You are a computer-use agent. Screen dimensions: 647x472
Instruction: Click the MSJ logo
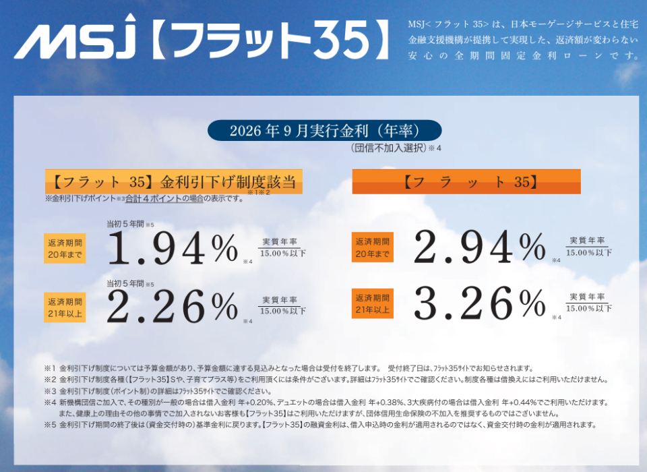(x=75, y=36)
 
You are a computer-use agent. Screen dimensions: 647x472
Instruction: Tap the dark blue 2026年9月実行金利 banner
(x=325, y=131)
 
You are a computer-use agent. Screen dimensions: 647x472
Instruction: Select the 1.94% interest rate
(x=173, y=248)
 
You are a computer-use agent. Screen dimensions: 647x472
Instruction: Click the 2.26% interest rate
(x=173, y=307)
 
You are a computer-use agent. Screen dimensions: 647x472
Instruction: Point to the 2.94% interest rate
(x=480, y=247)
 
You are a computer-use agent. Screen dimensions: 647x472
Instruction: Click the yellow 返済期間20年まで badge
(x=65, y=249)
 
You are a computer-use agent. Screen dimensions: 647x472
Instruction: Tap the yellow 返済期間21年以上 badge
(x=65, y=307)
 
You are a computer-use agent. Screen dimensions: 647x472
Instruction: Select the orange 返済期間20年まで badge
(x=373, y=247)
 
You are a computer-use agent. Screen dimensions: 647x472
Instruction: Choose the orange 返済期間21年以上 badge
(x=373, y=303)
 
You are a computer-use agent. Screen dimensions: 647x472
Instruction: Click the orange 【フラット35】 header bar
(x=466, y=181)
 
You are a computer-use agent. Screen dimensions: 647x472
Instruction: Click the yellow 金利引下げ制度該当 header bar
(x=174, y=181)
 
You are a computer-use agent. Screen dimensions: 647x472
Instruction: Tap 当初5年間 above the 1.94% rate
(x=125, y=225)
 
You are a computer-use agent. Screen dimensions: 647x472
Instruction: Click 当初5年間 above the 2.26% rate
(x=125, y=284)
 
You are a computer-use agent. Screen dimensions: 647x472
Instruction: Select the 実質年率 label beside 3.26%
(x=587, y=297)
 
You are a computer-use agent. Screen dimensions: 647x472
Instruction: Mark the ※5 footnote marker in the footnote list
(x=50, y=425)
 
